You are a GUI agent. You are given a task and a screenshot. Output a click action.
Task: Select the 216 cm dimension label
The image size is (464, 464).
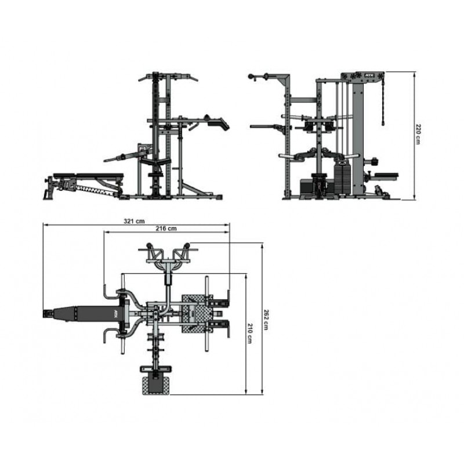(166, 229)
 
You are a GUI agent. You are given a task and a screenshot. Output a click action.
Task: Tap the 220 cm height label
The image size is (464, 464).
(418, 134)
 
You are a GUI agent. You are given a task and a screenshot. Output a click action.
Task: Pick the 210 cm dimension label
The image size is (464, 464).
(250, 333)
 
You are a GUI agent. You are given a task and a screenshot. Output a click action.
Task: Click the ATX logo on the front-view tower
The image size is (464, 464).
(370, 75)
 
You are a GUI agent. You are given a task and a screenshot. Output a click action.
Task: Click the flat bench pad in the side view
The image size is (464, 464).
(88, 176)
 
